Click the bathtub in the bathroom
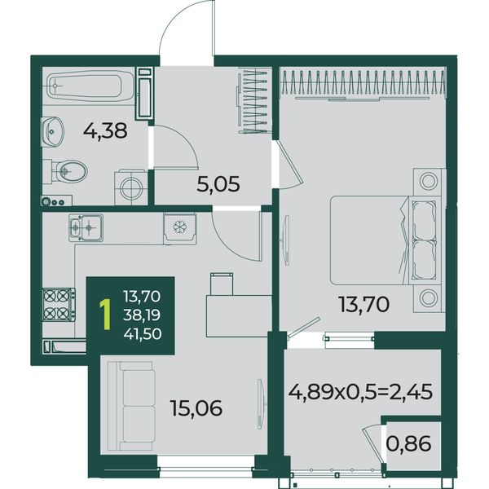click(x=90, y=86)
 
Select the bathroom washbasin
click(x=52, y=131)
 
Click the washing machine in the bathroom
click(x=131, y=187)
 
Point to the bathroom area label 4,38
click(x=105, y=130)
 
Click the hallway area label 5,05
click(x=218, y=184)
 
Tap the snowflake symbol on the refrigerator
click(x=179, y=227)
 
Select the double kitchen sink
click(x=86, y=227)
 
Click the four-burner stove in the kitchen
click(x=59, y=305)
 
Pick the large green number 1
click(x=106, y=315)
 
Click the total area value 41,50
click(x=143, y=334)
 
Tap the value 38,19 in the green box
click(x=142, y=315)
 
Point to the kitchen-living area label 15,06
click(x=196, y=408)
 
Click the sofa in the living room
click(x=131, y=406)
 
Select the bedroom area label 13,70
click(x=364, y=304)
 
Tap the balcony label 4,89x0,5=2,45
click(x=360, y=392)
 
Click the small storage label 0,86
click(x=409, y=443)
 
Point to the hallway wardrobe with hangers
click(x=253, y=101)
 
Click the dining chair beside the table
click(x=222, y=284)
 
